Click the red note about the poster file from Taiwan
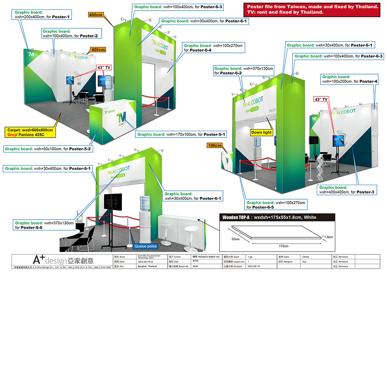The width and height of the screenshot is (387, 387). point(312,9)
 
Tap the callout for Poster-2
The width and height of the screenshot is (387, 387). point(70,34)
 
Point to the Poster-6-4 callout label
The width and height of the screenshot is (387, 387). point(214,48)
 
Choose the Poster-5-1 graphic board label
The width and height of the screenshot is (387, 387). point(181,134)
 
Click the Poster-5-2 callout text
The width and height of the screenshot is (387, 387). point(48,149)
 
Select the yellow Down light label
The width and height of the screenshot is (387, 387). point(262,133)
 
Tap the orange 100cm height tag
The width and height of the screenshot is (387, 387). point(214,146)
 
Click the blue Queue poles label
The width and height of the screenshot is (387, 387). point(146,246)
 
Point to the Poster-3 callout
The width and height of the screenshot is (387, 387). point(347,190)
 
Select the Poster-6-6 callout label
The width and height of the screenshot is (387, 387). point(44,225)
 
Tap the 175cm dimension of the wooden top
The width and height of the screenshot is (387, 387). point(283,246)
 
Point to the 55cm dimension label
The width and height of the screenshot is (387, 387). point(236,239)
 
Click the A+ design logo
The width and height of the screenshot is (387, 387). point(63,260)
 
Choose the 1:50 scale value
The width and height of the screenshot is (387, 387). point(250,257)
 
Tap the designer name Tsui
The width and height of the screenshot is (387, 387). point(304,262)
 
